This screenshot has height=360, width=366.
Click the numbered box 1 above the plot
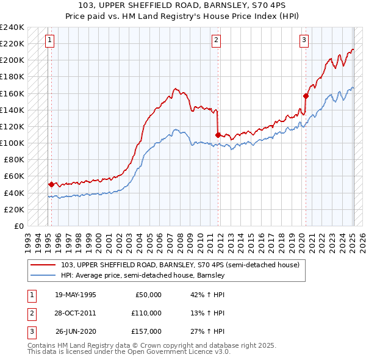49,41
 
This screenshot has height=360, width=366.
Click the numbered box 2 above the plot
216,41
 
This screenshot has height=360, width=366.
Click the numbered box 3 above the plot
304,41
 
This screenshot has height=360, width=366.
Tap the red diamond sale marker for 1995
51,184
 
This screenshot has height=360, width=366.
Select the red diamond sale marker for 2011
217,134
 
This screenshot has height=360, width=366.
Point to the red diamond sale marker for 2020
306,95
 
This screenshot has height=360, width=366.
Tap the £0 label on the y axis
18,226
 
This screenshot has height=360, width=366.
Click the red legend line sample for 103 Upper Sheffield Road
42,265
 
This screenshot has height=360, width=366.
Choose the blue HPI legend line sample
42,276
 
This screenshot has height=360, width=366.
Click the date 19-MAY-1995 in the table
75,295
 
